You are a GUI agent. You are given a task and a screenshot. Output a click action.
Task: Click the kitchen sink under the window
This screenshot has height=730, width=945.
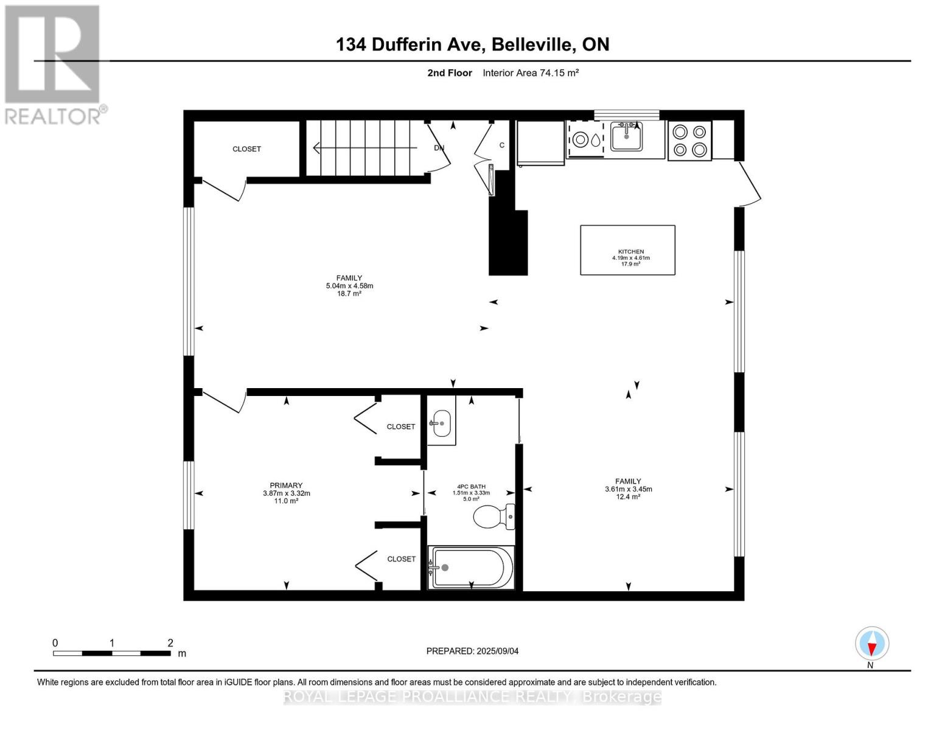pyautogui.click(x=626, y=137)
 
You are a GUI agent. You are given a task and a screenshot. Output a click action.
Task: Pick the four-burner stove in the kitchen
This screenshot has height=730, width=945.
pyautogui.click(x=689, y=141)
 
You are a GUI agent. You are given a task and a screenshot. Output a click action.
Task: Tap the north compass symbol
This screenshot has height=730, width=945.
pyautogui.click(x=872, y=644)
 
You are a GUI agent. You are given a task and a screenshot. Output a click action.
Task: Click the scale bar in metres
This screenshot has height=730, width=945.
pyautogui.click(x=112, y=653)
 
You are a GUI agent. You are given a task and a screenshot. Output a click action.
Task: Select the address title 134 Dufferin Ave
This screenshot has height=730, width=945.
pyautogui.click(x=472, y=44)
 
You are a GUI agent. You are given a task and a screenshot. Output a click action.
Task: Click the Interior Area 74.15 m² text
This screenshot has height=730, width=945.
pyautogui.click(x=530, y=73)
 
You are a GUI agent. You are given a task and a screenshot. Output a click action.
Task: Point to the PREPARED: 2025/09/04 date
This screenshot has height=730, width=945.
pyautogui.click(x=472, y=651)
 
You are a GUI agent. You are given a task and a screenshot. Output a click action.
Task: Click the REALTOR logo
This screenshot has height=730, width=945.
pyautogui.click(x=54, y=64)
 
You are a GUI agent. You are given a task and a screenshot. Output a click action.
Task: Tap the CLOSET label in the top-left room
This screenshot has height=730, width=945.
pyautogui.click(x=246, y=149)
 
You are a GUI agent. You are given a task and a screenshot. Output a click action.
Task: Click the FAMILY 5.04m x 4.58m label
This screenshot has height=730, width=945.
pyautogui.click(x=349, y=285)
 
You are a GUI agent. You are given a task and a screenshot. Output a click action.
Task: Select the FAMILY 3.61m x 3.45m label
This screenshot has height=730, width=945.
pyautogui.click(x=628, y=488)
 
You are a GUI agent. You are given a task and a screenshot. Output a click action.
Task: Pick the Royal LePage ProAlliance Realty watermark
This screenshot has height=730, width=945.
pyautogui.click(x=472, y=697)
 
